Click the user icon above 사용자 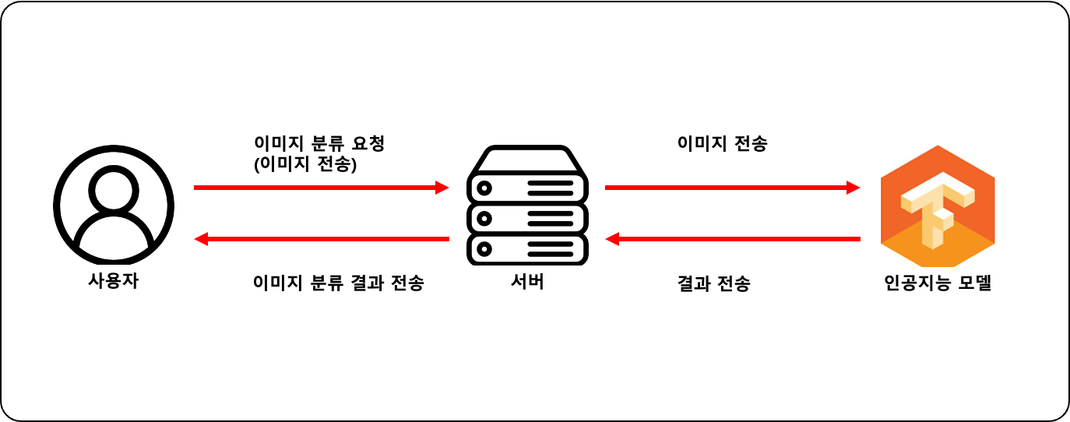coord(114,205)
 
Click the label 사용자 coord(114,281)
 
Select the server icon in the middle coord(527,206)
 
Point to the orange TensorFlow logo coord(937,206)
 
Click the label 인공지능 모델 coord(938,283)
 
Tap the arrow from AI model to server coord(732,239)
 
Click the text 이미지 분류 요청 coord(320,144)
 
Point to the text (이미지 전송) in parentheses coord(305,164)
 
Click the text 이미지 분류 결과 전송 coord(339,283)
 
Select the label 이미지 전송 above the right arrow coord(722,144)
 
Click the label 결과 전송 coord(714,283)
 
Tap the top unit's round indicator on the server coord(484,188)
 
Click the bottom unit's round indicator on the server coord(484,250)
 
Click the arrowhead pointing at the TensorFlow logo coord(854,188)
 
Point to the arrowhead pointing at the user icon coord(200,239)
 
